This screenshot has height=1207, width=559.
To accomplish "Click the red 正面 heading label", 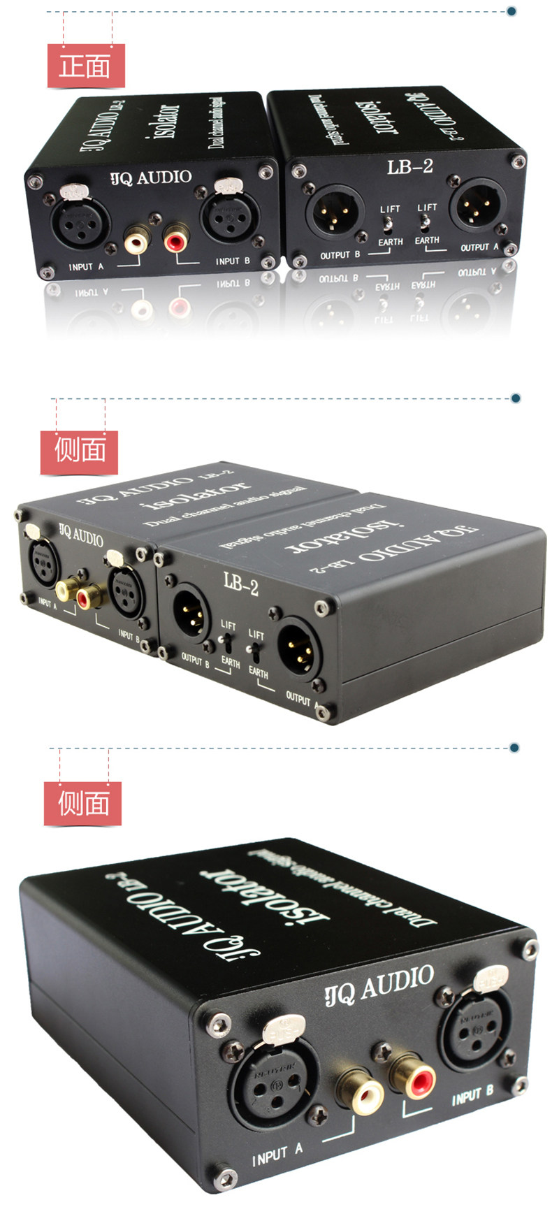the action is pyautogui.click(x=85, y=66).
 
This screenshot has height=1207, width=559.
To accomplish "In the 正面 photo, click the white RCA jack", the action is pyautogui.click(x=137, y=243).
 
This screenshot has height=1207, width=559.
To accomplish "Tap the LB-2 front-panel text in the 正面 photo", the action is pyautogui.click(x=410, y=166).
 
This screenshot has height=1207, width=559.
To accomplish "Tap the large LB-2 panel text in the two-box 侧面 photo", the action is pyautogui.click(x=241, y=582).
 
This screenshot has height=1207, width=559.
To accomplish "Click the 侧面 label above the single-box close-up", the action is pyautogui.click(x=83, y=804).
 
